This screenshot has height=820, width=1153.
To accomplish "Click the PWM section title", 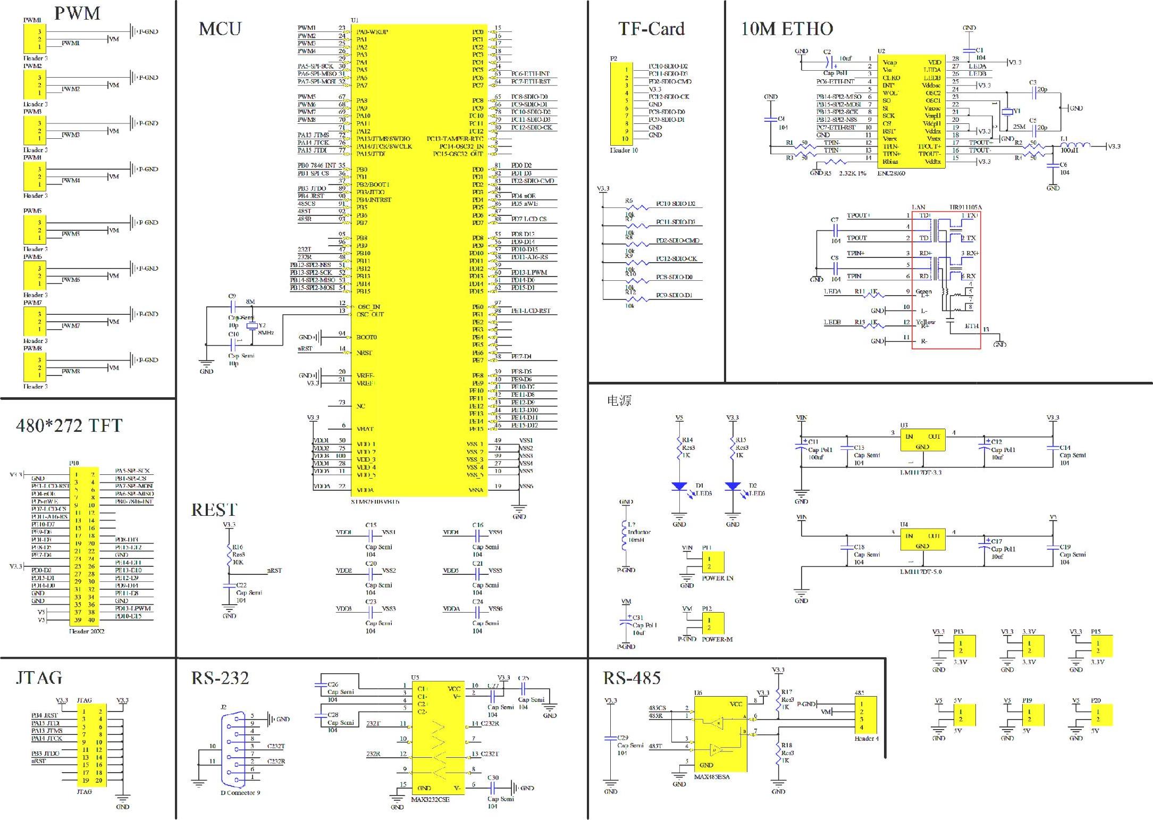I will click(x=77, y=13).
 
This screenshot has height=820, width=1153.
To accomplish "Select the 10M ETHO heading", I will click(x=787, y=29).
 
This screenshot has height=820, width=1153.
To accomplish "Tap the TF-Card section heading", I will click(x=651, y=29).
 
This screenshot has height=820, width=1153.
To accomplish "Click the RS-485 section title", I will click(x=632, y=678).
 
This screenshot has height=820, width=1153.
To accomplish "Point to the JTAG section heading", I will click(x=39, y=678).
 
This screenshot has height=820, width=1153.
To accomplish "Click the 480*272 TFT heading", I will click(x=69, y=425).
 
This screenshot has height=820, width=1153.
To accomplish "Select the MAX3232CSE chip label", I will click(x=430, y=799).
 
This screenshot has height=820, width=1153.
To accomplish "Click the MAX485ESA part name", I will click(x=712, y=777).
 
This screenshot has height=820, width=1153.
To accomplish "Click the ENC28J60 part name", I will click(x=891, y=173).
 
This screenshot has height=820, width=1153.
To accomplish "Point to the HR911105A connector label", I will click(x=965, y=207).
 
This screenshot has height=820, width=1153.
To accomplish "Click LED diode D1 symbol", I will click(x=679, y=486).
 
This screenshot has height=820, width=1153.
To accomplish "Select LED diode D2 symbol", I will click(x=733, y=486).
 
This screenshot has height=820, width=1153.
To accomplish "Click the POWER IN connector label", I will click(x=717, y=578).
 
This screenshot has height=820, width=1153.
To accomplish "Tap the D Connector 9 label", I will click(x=240, y=793).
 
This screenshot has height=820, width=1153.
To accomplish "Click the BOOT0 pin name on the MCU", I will click(x=366, y=337).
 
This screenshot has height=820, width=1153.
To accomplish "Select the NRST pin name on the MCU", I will click(x=364, y=353).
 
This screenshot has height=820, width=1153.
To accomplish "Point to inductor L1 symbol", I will click(x=1075, y=145).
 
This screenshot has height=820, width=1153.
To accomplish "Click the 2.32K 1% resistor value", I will click(x=852, y=173).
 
